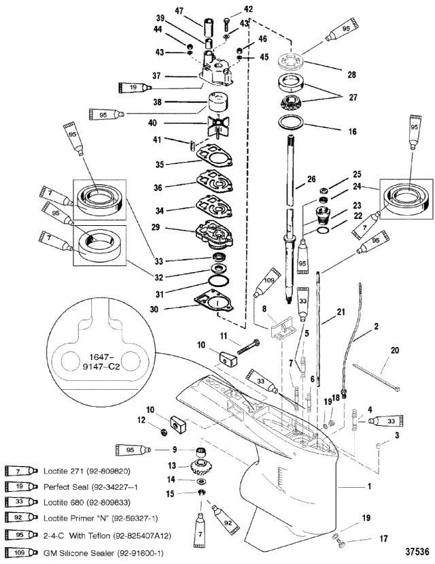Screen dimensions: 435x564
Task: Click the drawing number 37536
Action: pos(417,551)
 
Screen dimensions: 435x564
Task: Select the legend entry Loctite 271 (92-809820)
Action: pos(87,471)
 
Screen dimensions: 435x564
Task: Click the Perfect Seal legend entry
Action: pos(90,487)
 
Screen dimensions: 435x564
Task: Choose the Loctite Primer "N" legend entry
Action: pos(101,518)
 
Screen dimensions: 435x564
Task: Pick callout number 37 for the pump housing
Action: pos(156,76)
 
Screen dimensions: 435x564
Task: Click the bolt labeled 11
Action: pos(248,346)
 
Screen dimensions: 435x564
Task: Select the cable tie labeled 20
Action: pos(377,378)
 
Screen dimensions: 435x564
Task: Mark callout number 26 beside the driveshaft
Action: pos(311,179)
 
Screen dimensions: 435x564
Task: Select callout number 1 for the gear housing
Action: pos(369,486)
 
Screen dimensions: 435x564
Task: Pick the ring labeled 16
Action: pos(292,122)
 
